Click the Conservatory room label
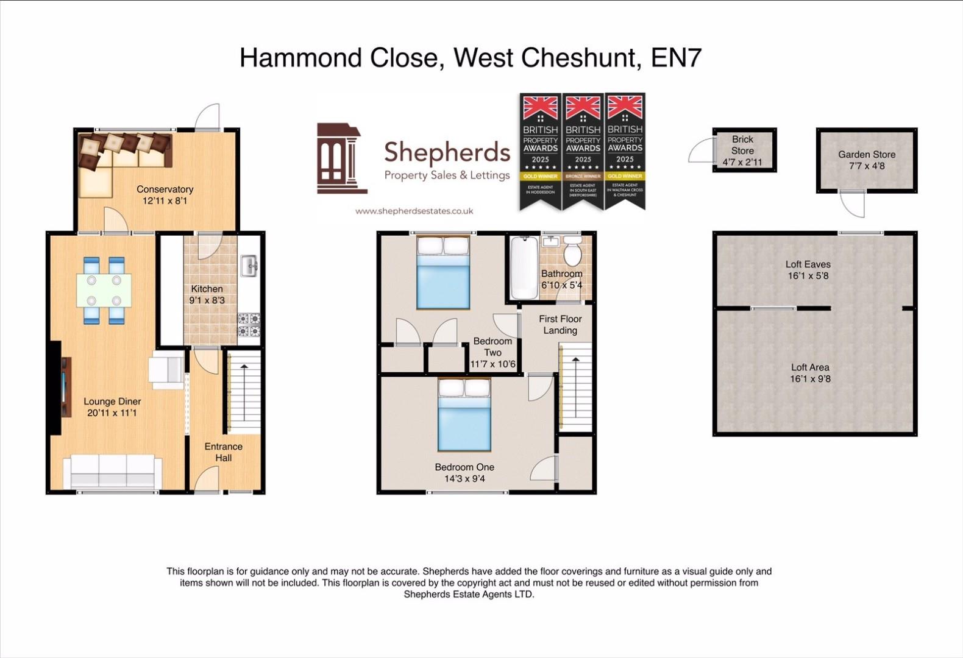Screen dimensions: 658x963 165,189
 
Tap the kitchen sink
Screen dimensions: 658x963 249,266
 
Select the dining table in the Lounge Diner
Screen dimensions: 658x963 104,290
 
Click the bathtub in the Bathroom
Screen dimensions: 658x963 524,267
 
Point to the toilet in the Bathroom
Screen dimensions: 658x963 572,253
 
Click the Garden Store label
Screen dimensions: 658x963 866,155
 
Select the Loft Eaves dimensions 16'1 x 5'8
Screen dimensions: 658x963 808,276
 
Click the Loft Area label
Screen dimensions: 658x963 810,367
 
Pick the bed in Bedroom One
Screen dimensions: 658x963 464,414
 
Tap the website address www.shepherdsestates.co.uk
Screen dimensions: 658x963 414,211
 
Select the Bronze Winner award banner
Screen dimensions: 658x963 583,152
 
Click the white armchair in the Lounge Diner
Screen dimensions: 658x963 166,370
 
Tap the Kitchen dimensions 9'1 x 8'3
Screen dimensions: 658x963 207,300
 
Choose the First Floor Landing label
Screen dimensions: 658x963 560,325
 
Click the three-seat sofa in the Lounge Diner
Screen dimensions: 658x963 113,472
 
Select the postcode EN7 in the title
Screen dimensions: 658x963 677,58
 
